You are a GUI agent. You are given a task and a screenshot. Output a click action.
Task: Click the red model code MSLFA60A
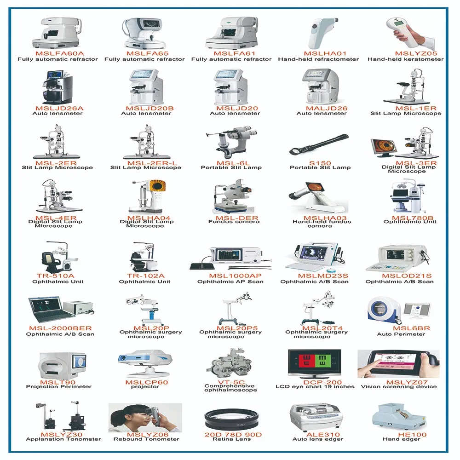point(57,54)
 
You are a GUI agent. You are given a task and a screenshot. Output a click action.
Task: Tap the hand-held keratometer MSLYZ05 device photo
point(407,32)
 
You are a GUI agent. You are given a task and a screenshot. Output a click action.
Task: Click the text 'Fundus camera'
point(234,222)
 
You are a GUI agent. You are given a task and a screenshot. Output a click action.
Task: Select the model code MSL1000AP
point(229,276)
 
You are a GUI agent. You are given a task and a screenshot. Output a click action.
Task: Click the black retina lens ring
point(232,420)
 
